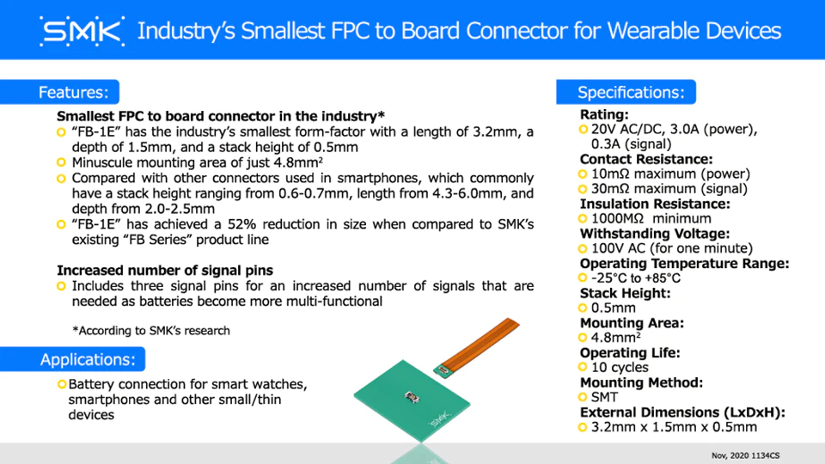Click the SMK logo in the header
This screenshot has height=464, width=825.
[82, 31]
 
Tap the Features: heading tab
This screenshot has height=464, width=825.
[59, 92]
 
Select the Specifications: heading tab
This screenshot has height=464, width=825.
[626, 92]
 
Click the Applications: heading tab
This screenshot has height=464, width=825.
[72, 359]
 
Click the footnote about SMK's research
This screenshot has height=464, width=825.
[151, 330]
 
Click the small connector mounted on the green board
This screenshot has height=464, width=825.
[412, 397]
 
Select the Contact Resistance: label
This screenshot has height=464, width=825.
[646, 159]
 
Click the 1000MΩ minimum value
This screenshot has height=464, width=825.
[651, 218]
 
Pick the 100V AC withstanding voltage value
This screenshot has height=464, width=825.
[672, 247]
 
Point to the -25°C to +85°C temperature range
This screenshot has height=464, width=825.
[636, 278]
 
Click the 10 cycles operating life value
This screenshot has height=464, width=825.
[620, 367]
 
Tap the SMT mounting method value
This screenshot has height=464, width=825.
[604, 397]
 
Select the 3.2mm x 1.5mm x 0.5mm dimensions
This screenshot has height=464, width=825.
[674, 427]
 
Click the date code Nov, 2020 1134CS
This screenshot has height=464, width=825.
[746, 455]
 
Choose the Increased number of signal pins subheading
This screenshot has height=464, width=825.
[165, 271]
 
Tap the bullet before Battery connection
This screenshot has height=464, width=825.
[62, 385]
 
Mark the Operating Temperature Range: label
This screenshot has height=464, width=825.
[685, 263]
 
